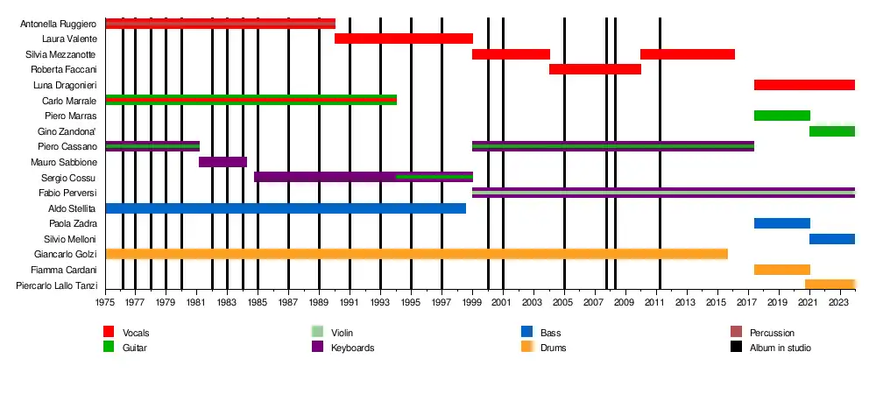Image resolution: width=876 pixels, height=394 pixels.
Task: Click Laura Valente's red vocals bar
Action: point(403,39)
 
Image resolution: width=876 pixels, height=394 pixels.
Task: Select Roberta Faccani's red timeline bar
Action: point(595,69)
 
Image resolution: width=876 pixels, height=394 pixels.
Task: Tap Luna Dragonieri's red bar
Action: point(803,85)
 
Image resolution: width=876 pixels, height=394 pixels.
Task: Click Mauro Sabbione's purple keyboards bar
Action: point(223,162)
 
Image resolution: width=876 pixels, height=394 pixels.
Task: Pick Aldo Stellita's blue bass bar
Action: point(285,208)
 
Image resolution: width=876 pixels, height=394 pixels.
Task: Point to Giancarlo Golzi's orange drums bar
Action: point(416,254)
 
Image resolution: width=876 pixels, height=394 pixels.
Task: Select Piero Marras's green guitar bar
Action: point(781,116)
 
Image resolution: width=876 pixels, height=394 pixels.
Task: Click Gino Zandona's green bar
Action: point(831,131)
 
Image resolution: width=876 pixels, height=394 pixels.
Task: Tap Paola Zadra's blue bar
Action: point(781,223)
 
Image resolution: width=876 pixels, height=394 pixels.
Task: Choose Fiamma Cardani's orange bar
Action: point(781,270)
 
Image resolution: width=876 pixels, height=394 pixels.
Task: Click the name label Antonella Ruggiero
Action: point(58,24)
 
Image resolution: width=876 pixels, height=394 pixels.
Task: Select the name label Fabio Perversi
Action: point(67,193)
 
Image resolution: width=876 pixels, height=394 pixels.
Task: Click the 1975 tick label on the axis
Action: point(105,303)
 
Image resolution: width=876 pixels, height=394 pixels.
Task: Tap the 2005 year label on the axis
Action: point(564,303)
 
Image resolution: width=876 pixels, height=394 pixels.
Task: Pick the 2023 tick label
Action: point(839,303)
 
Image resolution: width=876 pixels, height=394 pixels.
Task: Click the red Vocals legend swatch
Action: point(109,332)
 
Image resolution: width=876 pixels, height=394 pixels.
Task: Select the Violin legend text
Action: point(343,333)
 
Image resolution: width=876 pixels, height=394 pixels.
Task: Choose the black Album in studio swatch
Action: point(736,348)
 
